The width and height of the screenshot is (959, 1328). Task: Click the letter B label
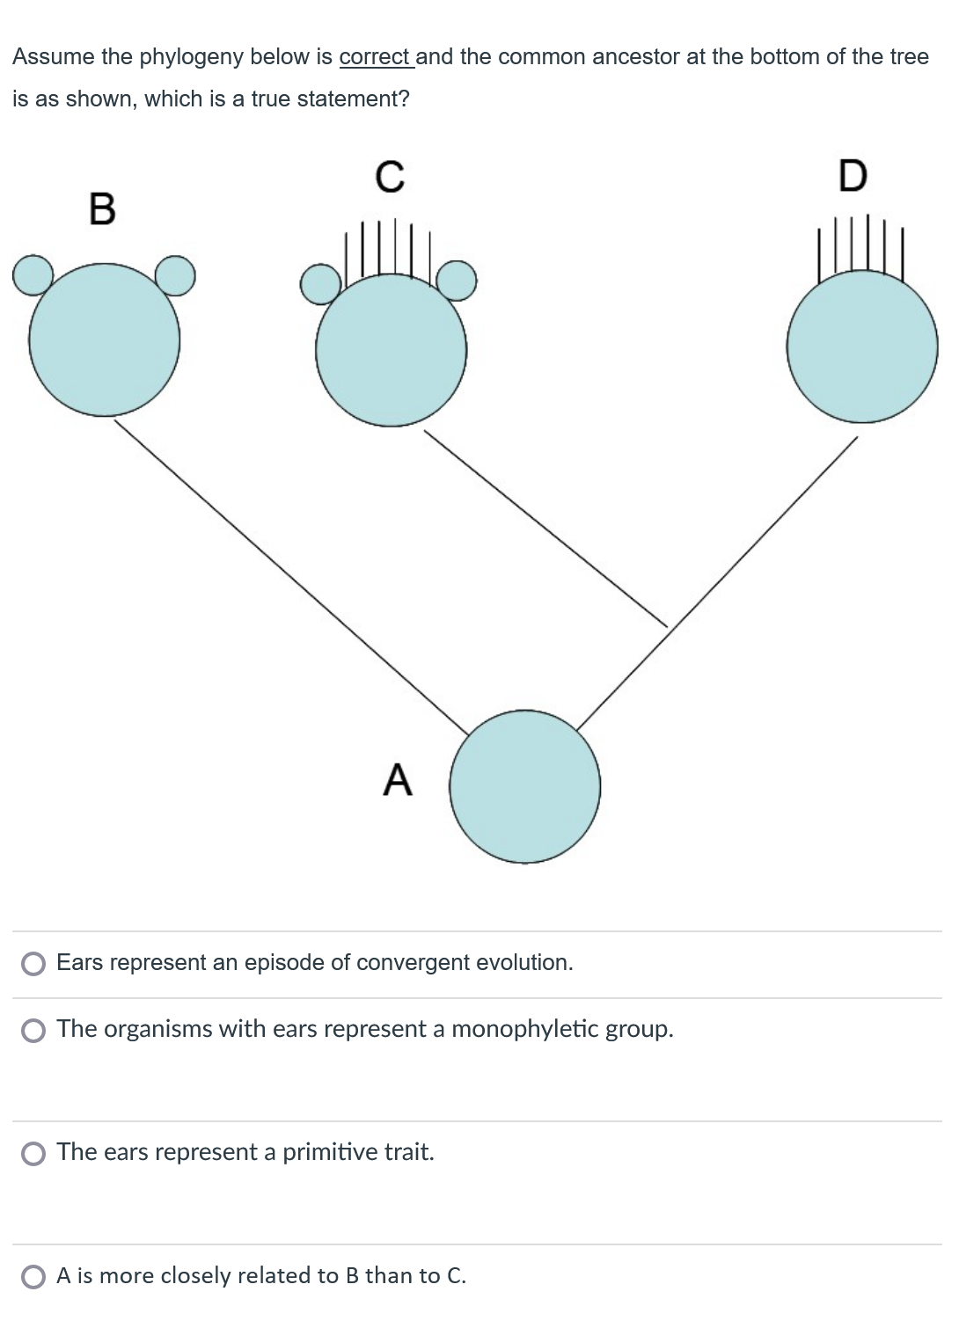[102, 209]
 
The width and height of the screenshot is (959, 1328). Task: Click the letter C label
[390, 176]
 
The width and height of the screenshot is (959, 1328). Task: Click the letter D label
[852, 176]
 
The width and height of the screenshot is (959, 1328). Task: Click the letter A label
[398, 780]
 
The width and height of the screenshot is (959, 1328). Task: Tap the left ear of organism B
[33, 275]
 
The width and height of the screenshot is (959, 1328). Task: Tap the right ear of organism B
[176, 275]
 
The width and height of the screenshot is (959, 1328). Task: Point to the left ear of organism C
[319, 283]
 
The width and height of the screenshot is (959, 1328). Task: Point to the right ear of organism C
[457, 281]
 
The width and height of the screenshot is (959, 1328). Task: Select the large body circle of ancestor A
[525, 786]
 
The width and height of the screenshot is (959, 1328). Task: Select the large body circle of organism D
[862, 347]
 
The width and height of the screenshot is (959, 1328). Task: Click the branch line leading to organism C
[545, 528]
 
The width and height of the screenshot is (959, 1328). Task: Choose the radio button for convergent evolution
[33, 964]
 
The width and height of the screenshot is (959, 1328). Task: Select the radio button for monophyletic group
[33, 1030]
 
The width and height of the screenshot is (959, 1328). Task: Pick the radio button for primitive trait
[33, 1153]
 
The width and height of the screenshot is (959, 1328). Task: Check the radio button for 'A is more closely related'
[33, 1276]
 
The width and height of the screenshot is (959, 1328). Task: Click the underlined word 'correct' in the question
[375, 57]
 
